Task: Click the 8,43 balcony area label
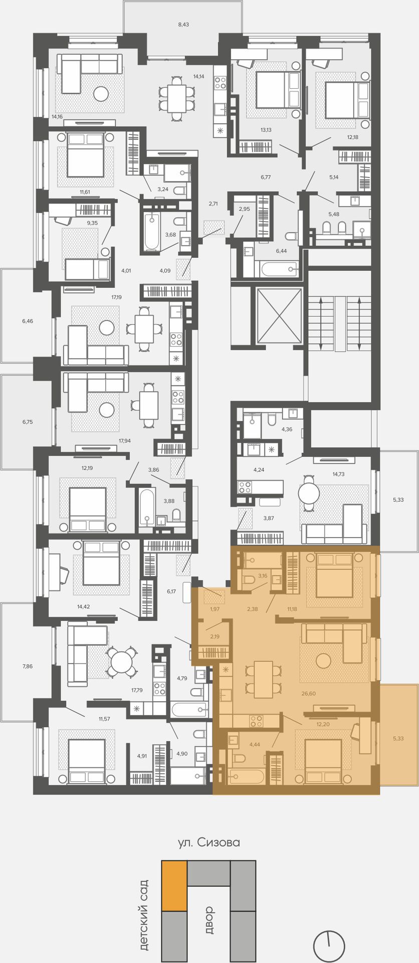183,24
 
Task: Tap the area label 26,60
309,694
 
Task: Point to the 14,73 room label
338,474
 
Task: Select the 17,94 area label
125,441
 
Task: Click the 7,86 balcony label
28,666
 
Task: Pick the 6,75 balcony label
28,422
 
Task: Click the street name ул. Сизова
209,843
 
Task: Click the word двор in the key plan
209,920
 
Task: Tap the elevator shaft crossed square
279,316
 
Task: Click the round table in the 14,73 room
309,493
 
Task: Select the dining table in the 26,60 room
263,680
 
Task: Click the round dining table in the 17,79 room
121,662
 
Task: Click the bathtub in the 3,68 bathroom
152,232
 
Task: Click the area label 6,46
28,320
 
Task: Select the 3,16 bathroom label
263,576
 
